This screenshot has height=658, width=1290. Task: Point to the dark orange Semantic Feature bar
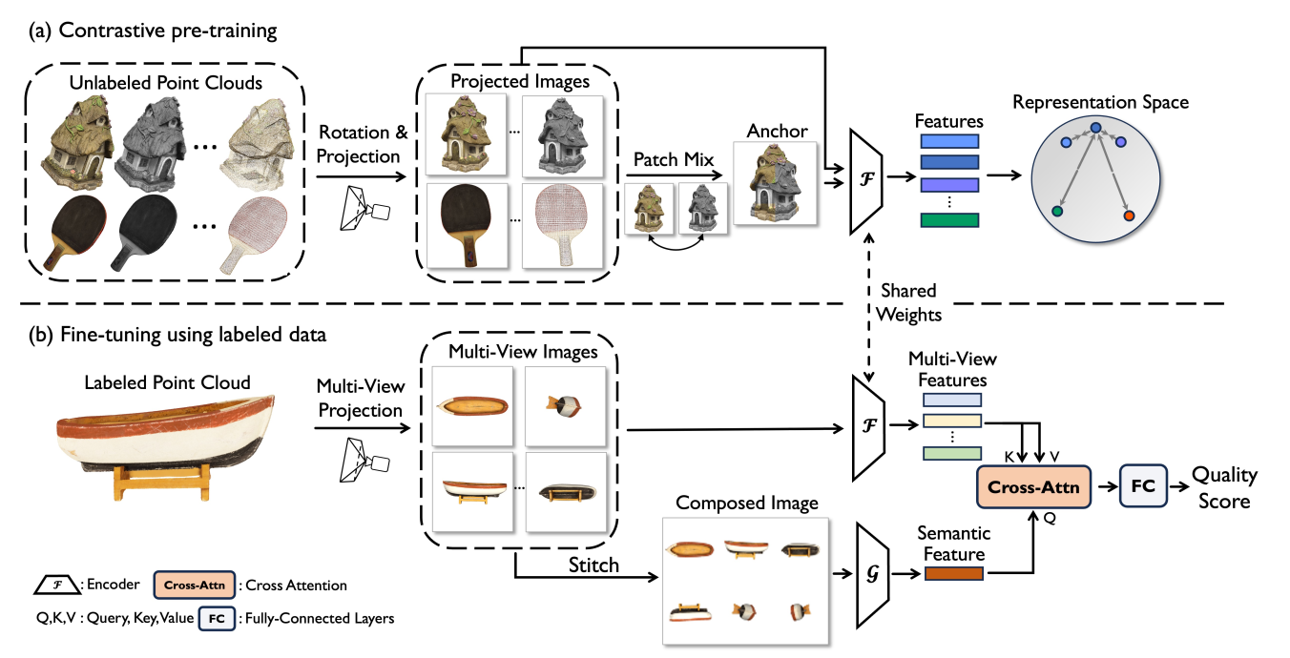[952, 573]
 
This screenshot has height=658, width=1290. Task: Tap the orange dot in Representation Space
[1129, 216]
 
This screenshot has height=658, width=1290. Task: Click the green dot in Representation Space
[1057, 210]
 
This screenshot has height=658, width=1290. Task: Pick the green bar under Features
[949, 220]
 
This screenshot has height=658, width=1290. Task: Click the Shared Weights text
[908, 301]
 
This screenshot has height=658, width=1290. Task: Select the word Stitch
[593, 565]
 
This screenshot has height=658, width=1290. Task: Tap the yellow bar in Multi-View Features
[952, 421]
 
